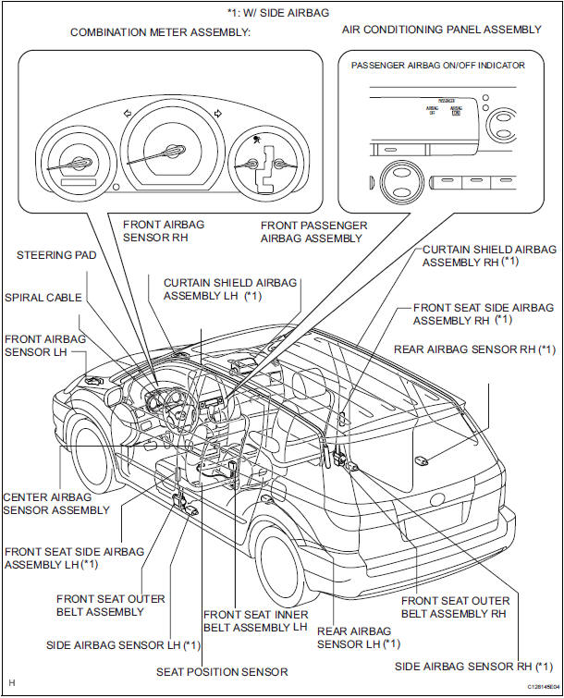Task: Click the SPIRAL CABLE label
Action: tap(43, 298)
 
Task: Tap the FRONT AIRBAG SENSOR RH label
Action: tap(164, 230)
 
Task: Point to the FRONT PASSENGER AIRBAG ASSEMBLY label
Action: tap(313, 231)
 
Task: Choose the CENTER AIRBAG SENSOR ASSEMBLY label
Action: tap(56, 503)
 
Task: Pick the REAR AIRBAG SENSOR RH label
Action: tap(474, 349)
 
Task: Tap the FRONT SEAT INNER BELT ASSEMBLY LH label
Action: tap(255, 620)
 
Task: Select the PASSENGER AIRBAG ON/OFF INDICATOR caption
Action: tap(438, 66)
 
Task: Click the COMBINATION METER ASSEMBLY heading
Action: tap(161, 32)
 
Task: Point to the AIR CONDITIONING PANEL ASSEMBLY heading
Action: tap(442, 30)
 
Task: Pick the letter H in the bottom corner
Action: tap(11, 684)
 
